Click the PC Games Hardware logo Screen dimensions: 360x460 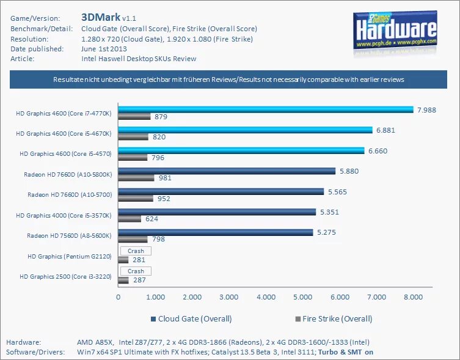click(x=396, y=30)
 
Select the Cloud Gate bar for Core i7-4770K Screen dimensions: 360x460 click(x=266, y=109)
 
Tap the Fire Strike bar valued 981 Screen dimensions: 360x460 click(x=136, y=178)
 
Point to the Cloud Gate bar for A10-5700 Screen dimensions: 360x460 click(x=221, y=191)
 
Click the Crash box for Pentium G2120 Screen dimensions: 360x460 click(x=136, y=251)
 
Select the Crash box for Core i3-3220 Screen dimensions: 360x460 click(x=136, y=271)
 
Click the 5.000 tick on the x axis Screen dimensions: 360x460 click(x=302, y=297)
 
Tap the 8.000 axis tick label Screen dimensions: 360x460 click(x=413, y=297)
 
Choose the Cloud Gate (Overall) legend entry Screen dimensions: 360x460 click(x=191, y=318)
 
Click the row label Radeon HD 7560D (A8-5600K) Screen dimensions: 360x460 click(x=69, y=235)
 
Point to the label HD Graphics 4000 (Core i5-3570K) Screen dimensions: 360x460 click(x=64, y=215)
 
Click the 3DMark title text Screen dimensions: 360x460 click(x=100, y=17)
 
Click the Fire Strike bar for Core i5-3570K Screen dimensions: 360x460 click(x=130, y=219)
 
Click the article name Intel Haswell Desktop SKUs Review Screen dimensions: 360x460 click(x=139, y=59)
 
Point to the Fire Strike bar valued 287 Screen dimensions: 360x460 click(x=123, y=280)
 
